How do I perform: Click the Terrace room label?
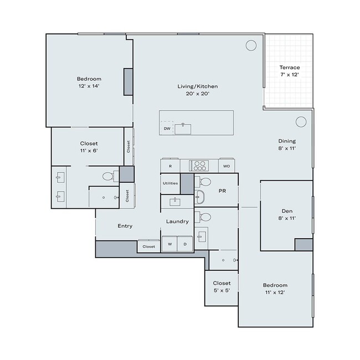pos(290,68)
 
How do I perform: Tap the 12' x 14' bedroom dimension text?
pos(89,86)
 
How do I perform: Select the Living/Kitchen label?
pos(197,86)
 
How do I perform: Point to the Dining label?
pos(286,141)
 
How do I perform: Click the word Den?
pos(286,210)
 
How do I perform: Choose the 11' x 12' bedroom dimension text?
pos(275,292)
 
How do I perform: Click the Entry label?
pos(125,226)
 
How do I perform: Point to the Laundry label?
pos(177,222)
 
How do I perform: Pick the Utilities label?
pos(170,183)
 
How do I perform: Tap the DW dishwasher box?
pos(167,129)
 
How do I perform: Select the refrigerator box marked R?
pos(170,166)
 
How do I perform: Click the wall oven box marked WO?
pos(227,166)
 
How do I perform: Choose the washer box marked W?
pos(169,244)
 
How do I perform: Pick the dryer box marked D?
pos(184,244)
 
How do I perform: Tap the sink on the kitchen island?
pos(183,128)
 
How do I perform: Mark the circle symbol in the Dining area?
pos(301,121)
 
